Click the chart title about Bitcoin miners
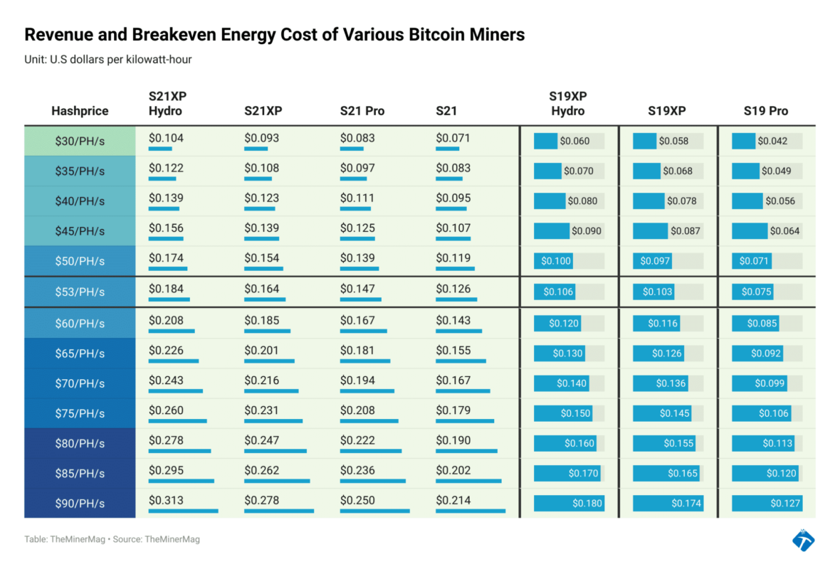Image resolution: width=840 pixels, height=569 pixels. tap(274, 35)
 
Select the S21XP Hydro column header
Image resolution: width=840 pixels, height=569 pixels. tap(167, 104)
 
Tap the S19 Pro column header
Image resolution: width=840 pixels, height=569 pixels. tap(766, 111)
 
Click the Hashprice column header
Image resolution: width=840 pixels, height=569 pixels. tap(80, 111)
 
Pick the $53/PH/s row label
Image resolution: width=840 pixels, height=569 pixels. tap(80, 292)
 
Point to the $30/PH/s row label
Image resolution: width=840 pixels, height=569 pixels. tap(80, 141)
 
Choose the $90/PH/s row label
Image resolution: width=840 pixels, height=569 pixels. tap(80, 503)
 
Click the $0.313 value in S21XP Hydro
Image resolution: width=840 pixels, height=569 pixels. tap(166, 500)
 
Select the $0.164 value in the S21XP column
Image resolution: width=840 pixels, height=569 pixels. tap(261, 289)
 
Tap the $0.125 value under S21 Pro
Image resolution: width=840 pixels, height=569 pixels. tap(357, 228)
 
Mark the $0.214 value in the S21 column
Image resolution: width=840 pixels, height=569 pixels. tap(453, 500)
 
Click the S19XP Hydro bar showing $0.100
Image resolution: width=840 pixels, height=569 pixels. tap(555, 261)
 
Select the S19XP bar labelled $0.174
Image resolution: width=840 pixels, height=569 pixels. tap(668, 503)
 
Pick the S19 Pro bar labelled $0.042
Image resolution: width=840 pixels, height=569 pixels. tap(744, 141)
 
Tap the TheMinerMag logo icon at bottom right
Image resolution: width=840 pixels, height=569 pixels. tap(804, 540)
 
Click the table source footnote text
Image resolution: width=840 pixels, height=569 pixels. tap(112, 539)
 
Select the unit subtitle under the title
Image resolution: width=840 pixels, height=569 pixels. tap(107, 60)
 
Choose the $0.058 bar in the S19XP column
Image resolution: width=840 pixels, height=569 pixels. tap(645, 141)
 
